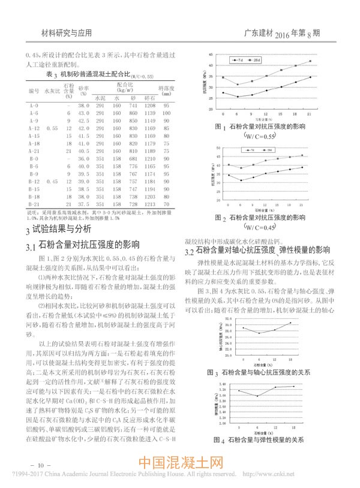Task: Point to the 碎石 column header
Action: click(x=150, y=97)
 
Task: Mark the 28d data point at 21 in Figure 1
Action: click(x=310, y=61)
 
